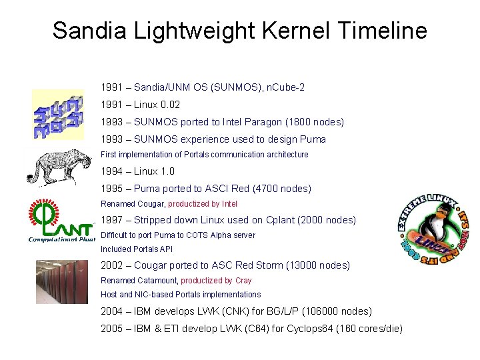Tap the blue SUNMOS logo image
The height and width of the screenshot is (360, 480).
pyautogui.click(x=58, y=114)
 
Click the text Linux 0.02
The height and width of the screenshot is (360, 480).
pyautogui.click(x=157, y=105)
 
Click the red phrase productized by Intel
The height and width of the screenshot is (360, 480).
pyautogui.click(x=203, y=204)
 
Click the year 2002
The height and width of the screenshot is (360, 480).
pyautogui.click(x=112, y=265)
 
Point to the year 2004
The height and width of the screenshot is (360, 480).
pyautogui.click(x=112, y=311)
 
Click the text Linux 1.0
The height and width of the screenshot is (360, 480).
pyautogui.click(x=154, y=171)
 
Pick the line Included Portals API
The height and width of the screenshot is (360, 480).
pyautogui.click(x=137, y=249)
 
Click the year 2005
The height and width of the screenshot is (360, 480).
pyautogui.click(x=112, y=329)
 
